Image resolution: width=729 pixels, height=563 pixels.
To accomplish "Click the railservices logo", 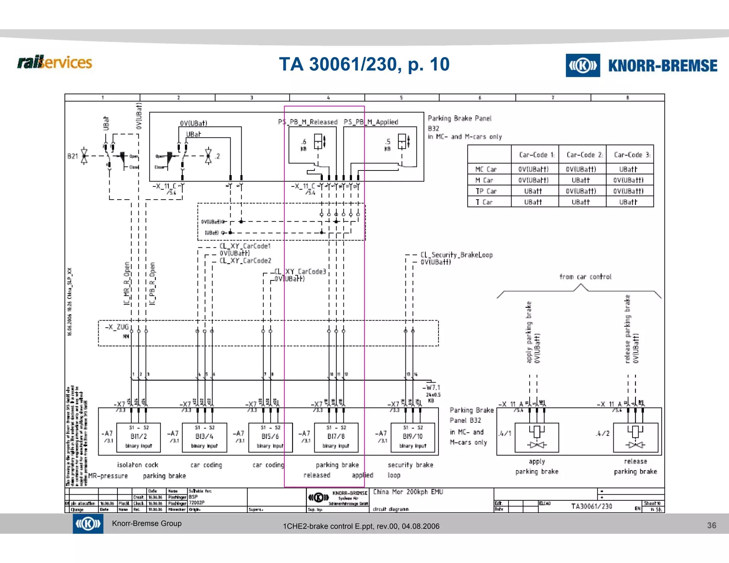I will pyautogui.click(x=54, y=63).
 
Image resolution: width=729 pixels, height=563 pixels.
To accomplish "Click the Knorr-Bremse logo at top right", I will pyautogui.click(x=641, y=65).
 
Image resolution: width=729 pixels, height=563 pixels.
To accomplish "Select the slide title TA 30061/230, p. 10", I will pyautogui.click(x=364, y=64).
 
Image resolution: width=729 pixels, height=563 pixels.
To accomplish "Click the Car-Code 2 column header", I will pyautogui.click(x=582, y=155).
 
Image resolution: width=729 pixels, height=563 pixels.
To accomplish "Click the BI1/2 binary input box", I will pyautogui.click(x=138, y=437).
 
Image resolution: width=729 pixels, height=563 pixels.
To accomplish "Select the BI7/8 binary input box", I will pyautogui.click(x=336, y=437).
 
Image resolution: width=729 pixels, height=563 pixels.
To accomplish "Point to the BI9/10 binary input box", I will pyautogui.click(x=413, y=437).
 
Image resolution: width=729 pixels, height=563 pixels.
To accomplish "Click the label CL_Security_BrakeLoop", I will pyautogui.click(x=457, y=255).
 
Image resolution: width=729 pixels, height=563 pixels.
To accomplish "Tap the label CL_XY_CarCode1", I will pyautogui.click(x=245, y=246).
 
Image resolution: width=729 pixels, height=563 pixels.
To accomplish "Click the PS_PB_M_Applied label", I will pyautogui.click(x=371, y=122).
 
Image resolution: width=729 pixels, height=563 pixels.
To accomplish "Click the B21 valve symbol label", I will pyautogui.click(x=72, y=156).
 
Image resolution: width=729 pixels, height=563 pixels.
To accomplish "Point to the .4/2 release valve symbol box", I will pyautogui.click(x=635, y=437).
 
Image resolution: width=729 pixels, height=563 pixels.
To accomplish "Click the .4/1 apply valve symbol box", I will pyautogui.click(x=537, y=437).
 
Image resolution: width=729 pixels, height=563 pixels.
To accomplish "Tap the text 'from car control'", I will pyautogui.click(x=585, y=277).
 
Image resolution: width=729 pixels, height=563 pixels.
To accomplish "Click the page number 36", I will pyautogui.click(x=711, y=525).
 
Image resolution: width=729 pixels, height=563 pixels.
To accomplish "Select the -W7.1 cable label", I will pyautogui.click(x=433, y=388).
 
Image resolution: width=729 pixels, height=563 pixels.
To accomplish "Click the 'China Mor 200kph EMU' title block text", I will pyautogui.click(x=408, y=492).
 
